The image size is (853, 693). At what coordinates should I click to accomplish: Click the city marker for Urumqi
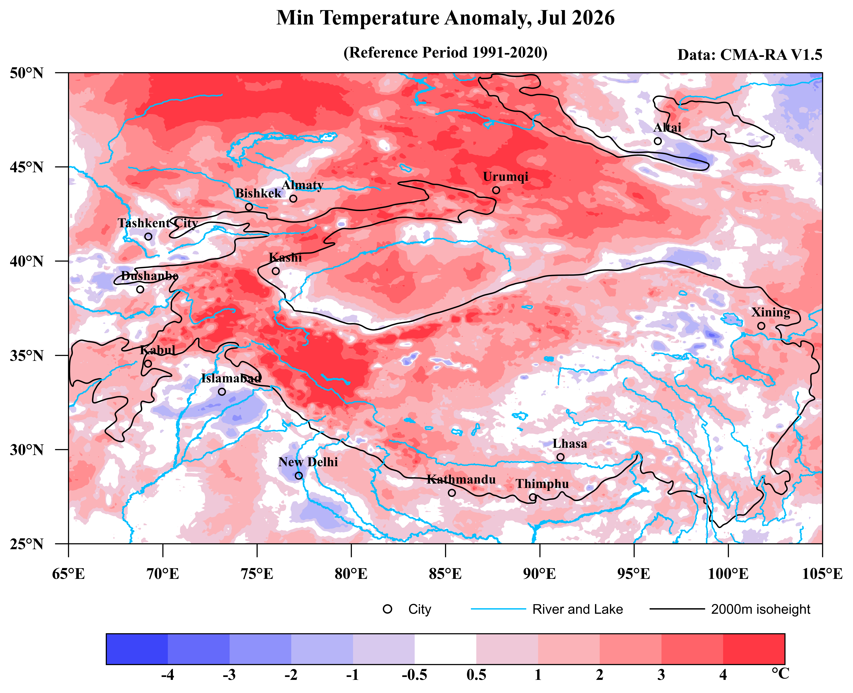pyautogui.click(x=496, y=190)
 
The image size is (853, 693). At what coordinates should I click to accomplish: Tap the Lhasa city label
pyautogui.click(x=570, y=444)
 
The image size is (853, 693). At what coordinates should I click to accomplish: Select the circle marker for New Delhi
pyautogui.click(x=299, y=475)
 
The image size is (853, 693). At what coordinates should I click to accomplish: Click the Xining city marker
pyautogui.click(x=761, y=326)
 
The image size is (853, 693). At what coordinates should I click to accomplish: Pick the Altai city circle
pyautogui.click(x=658, y=141)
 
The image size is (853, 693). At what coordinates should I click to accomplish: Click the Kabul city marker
pyautogui.click(x=148, y=363)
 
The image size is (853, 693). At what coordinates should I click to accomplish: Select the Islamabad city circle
pyautogui.click(x=222, y=392)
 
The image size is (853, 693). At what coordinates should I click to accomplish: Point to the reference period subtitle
pyautogui.click(x=445, y=52)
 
